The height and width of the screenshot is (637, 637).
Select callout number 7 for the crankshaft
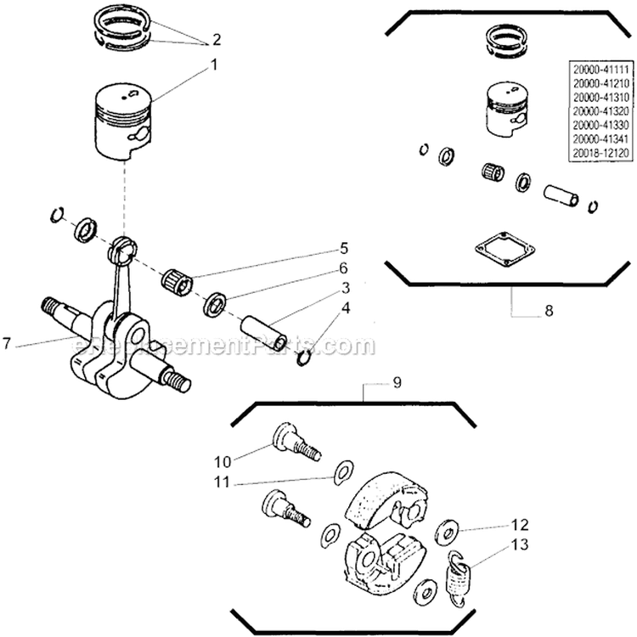coord(8,344)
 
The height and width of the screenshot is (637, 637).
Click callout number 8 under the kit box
coord(548,311)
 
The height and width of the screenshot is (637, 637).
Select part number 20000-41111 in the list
coord(597,67)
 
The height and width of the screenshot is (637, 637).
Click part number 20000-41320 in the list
coord(597,111)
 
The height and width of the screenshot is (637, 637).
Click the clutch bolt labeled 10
coord(293,442)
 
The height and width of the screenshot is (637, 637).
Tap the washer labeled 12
coord(443,536)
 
